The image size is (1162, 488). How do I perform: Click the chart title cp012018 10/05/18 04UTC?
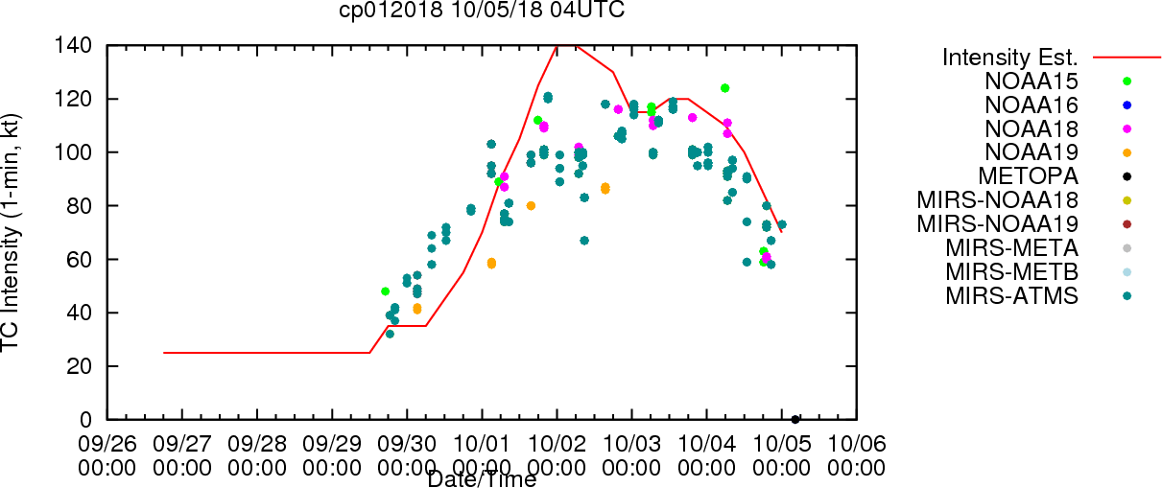click(482, 10)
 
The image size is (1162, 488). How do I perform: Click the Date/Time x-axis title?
click(482, 479)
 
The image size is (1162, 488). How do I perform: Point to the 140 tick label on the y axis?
click(73, 46)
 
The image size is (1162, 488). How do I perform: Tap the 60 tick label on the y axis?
click(80, 259)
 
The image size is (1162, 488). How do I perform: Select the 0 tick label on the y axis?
click(86, 419)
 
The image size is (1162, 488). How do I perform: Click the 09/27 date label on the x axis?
click(182, 444)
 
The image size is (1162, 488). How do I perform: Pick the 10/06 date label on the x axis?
click(857, 444)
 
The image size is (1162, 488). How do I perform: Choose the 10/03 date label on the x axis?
click(631, 444)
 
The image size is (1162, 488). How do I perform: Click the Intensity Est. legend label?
click(1010, 58)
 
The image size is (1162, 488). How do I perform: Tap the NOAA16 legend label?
click(1032, 105)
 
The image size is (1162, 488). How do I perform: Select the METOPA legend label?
click(1029, 176)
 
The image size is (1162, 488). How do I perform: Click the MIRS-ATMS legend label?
click(1011, 296)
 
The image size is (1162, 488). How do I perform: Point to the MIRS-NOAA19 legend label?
click(998, 223)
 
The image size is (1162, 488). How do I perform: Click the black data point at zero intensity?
click(795, 419)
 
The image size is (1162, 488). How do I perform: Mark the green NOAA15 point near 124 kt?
click(724, 88)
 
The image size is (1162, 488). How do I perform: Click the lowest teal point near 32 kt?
click(390, 334)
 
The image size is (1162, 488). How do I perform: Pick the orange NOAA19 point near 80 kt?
click(531, 206)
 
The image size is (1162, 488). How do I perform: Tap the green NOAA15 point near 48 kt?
click(385, 291)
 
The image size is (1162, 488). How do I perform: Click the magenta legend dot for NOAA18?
click(1126, 129)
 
